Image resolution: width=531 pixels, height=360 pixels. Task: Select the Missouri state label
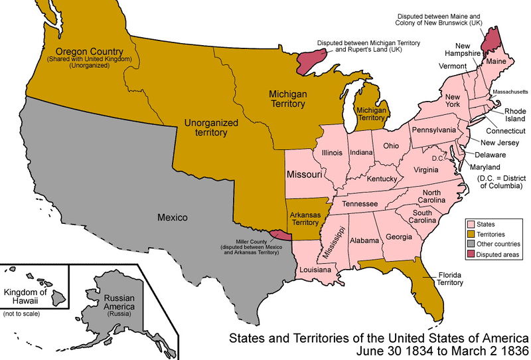(304, 175)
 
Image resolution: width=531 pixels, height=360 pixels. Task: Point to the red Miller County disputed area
(281, 235)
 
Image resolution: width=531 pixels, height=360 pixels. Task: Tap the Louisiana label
(315, 270)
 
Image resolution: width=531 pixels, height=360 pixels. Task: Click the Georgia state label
(398, 236)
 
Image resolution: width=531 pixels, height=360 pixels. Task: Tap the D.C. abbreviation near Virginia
(437, 158)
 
